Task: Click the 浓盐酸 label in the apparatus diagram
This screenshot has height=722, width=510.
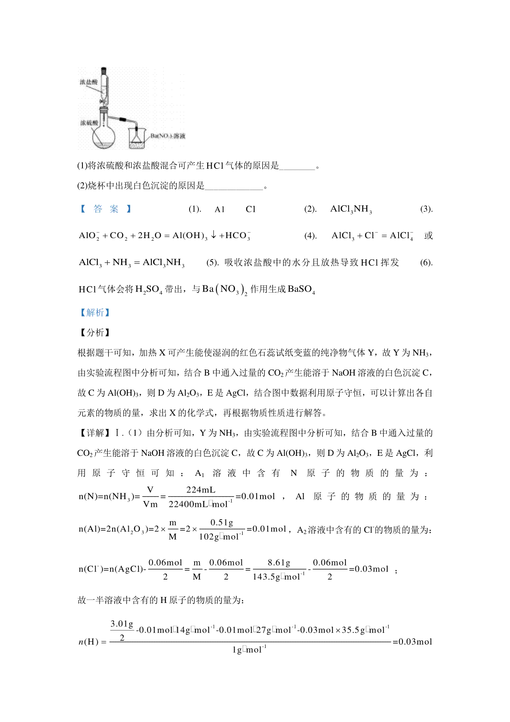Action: coord(88,82)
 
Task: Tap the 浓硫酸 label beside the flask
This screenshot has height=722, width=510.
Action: coord(89,123)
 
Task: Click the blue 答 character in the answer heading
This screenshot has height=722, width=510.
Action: coord(98,209)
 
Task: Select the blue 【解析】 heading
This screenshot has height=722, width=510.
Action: coord(95,313)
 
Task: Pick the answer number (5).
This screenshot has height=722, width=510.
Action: coord(212,262)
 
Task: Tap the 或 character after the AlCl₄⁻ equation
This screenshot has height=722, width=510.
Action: coord(428,236)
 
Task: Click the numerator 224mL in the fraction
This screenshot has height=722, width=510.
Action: coord(201,490)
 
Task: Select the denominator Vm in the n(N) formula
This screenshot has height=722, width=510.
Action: coord(150,504)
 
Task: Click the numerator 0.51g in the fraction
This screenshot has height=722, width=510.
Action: coord(222,523)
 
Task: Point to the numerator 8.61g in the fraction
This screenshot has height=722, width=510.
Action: coord(279,563)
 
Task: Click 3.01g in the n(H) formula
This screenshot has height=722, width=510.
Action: coord(122,624)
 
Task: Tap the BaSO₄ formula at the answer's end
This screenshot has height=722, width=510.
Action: coord(301,290)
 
